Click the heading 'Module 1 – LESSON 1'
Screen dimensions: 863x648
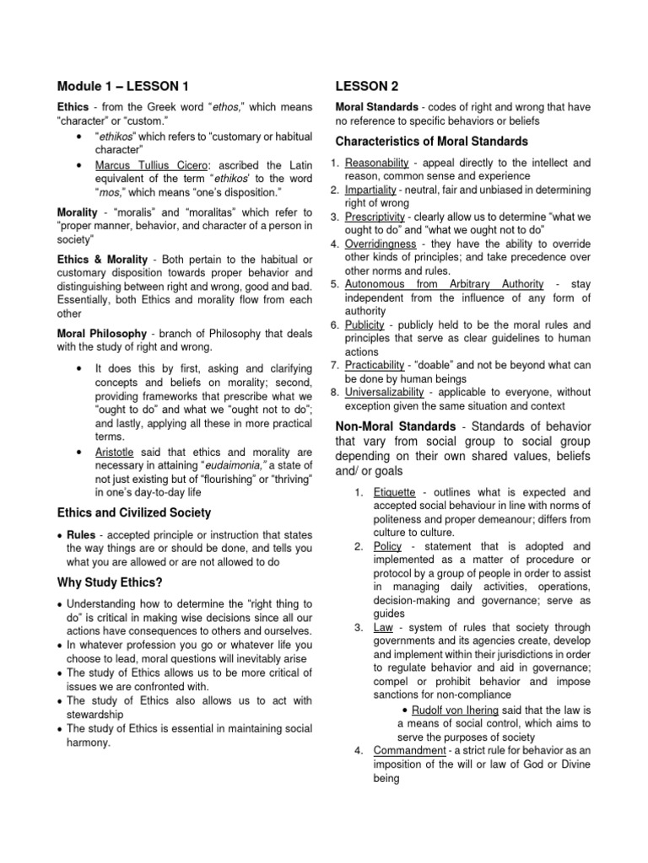pos(122,86)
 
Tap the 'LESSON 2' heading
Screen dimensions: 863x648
pos(367,86)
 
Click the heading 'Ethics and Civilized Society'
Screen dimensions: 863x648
pos(133,512)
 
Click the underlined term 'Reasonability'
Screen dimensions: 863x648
pos(377,162)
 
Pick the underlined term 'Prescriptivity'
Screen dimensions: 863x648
pos(377,217)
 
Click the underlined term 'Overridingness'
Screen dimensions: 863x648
pos(379,244)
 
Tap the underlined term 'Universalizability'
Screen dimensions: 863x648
pos(386,392)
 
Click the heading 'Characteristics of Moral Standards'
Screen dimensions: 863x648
pos(431,141)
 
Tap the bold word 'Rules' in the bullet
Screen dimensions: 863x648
pos(81,535)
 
